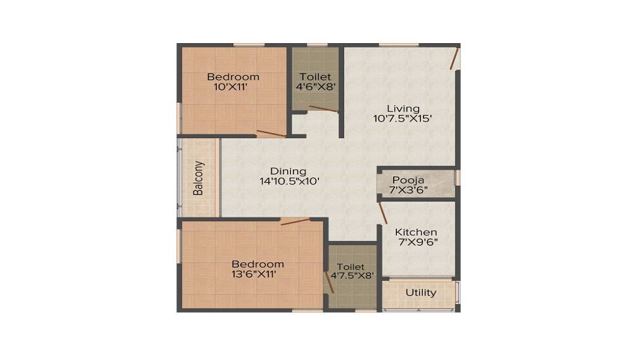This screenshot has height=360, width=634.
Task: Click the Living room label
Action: [403, 108]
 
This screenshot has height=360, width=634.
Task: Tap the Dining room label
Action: [288, 171]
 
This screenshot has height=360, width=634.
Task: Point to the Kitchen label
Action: [416, 232]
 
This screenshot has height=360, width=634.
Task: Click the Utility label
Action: [421, 293]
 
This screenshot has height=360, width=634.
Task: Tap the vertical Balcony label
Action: [199, 178]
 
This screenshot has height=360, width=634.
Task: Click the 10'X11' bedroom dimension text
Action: [233, 87]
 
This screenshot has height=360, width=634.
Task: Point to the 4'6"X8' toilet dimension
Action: [315, 87]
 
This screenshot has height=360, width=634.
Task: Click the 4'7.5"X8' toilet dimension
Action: [352, 276]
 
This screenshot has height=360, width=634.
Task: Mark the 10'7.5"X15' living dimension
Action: [403, 118]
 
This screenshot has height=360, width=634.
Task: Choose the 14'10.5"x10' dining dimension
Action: [288, 181]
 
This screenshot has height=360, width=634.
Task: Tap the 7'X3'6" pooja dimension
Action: [408, 190]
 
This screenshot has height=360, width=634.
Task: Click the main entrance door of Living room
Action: [454, 59]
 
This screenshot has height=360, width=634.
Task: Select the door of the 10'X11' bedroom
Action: [271, 133]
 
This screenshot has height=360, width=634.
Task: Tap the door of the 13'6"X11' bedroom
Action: [295, 221]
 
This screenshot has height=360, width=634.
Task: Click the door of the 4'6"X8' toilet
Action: [323, 110]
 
